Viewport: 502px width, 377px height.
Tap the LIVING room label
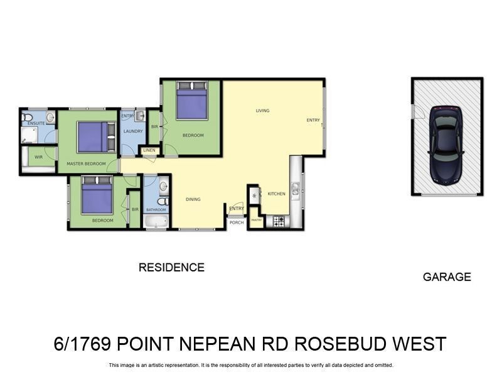[262, 111]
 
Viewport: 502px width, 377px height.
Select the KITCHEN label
[276, 194]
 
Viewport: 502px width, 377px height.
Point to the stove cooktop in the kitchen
[278, 221]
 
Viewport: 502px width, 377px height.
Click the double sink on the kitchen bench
[295, 187]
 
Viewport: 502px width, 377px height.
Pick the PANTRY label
[256, 220]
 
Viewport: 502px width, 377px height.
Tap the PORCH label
[237, 222]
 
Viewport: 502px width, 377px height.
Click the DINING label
[193, 199]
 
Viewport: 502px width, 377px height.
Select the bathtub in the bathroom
[155, 221]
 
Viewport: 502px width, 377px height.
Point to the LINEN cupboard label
[149, 151]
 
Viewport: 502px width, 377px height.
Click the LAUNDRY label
[133, 131]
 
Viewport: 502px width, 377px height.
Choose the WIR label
[38, 157]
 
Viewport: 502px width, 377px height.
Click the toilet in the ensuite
[27, 117]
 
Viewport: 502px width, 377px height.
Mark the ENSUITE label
[36, 124]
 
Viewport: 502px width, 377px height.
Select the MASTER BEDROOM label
[86, 164]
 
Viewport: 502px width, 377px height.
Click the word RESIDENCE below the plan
[171, 267]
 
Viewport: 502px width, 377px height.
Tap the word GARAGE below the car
[447, 276]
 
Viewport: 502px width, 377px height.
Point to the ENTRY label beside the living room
[312, 120]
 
